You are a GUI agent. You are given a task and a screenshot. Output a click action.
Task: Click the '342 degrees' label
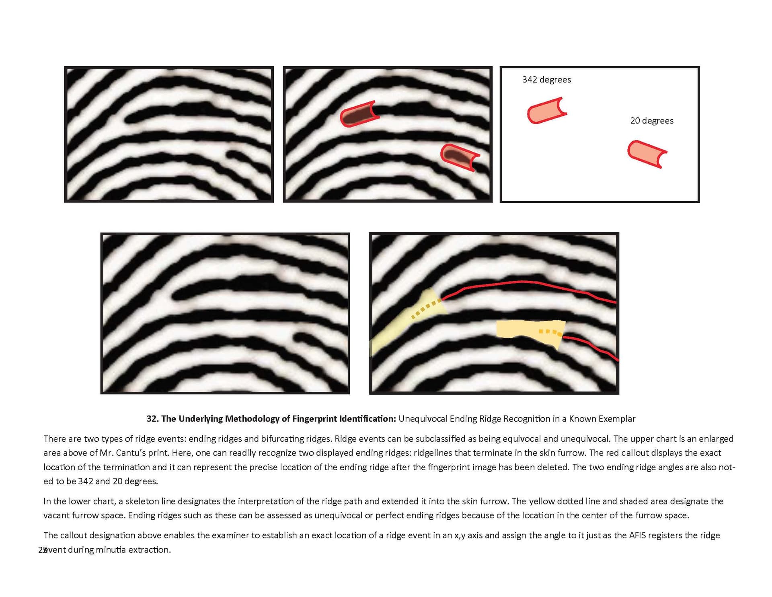pos(546,80)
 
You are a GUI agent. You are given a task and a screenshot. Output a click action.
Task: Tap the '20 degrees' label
pos(652,121)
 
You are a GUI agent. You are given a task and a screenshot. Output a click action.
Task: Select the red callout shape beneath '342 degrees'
pos(546,111)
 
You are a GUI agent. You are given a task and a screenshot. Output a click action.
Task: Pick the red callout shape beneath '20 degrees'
pos(647,154)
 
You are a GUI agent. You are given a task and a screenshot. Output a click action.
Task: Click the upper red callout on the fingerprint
pos(359,114)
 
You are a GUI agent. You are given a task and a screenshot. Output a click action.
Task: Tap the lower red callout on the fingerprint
pos(460,157)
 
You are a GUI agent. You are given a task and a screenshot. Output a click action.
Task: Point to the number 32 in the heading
pos(152,419)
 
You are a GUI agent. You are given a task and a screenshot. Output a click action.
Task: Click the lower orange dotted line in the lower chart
pos(550,332)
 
